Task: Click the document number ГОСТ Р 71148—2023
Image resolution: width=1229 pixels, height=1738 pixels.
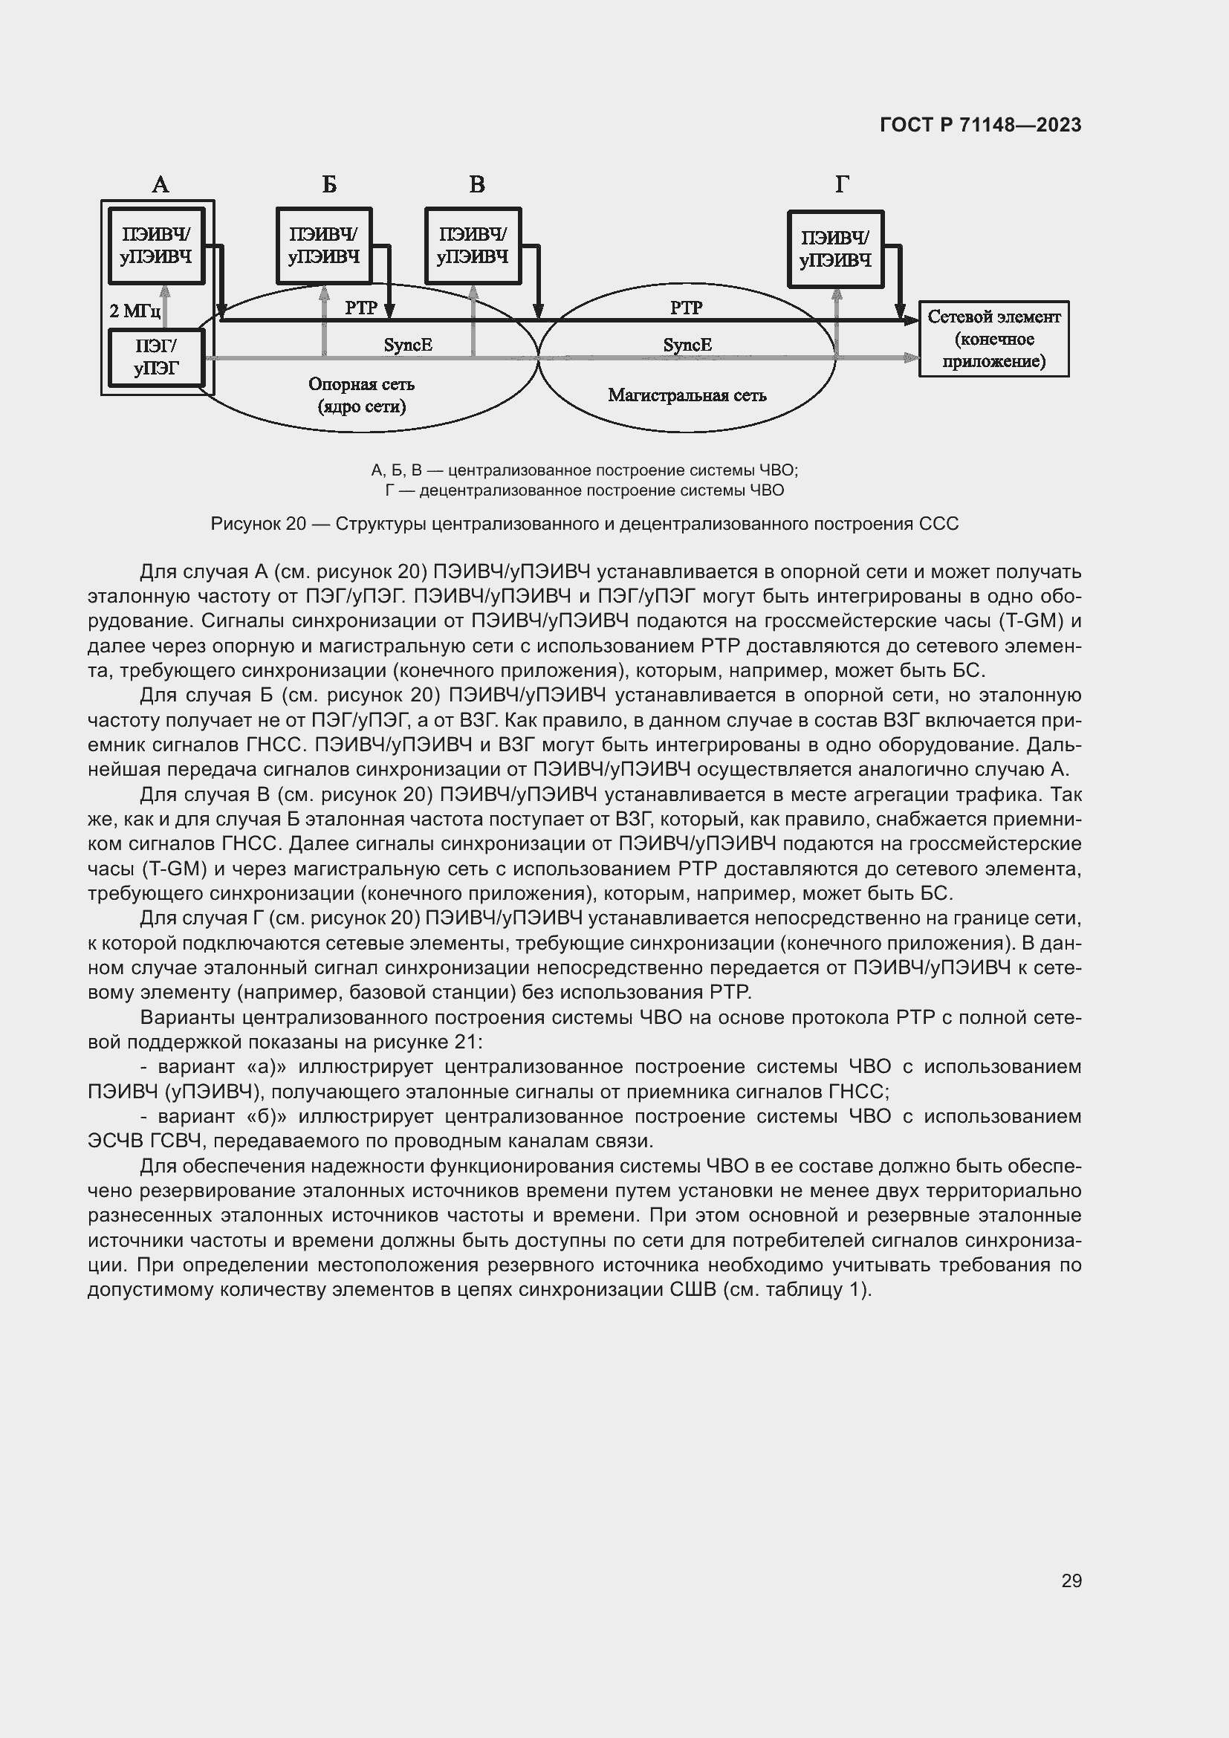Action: coord(980,125)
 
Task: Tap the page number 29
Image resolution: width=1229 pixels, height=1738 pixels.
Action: coord(1071,1580)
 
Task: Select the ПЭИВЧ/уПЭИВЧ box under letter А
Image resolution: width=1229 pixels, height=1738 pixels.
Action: coord(157,246)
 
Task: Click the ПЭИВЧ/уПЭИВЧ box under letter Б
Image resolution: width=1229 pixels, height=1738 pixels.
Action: coord(324,246)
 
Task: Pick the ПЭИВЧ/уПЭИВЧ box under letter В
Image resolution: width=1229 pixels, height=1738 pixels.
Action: coord(473,246)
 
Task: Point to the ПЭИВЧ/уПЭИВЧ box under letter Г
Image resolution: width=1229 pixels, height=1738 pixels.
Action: coord(835,249)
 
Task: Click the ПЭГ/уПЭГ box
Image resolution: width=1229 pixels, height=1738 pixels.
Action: coord(157,357)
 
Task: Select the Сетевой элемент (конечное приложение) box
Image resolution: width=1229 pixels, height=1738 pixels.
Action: coord(993,338)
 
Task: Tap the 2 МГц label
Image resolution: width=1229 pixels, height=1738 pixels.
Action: coord(134,311)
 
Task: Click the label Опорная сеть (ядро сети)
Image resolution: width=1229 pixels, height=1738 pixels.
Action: coord(362,395)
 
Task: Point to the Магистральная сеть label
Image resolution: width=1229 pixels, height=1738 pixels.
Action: coord(687,395)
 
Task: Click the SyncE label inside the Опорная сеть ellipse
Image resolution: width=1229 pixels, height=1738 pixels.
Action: coord(408,346)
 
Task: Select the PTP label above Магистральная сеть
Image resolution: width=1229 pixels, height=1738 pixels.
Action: coord(687,308)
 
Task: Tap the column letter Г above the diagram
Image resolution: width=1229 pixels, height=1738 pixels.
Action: coord(842,184)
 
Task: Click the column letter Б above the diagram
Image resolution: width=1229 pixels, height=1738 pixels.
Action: coord(329,184)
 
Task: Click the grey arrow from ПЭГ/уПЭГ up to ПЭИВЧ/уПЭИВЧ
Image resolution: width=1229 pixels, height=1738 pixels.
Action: coord(165,306)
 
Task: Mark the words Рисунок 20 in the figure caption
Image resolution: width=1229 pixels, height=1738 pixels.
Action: coord(257,524)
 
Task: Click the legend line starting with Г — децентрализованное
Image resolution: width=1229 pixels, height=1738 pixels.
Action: coord(584,490)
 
